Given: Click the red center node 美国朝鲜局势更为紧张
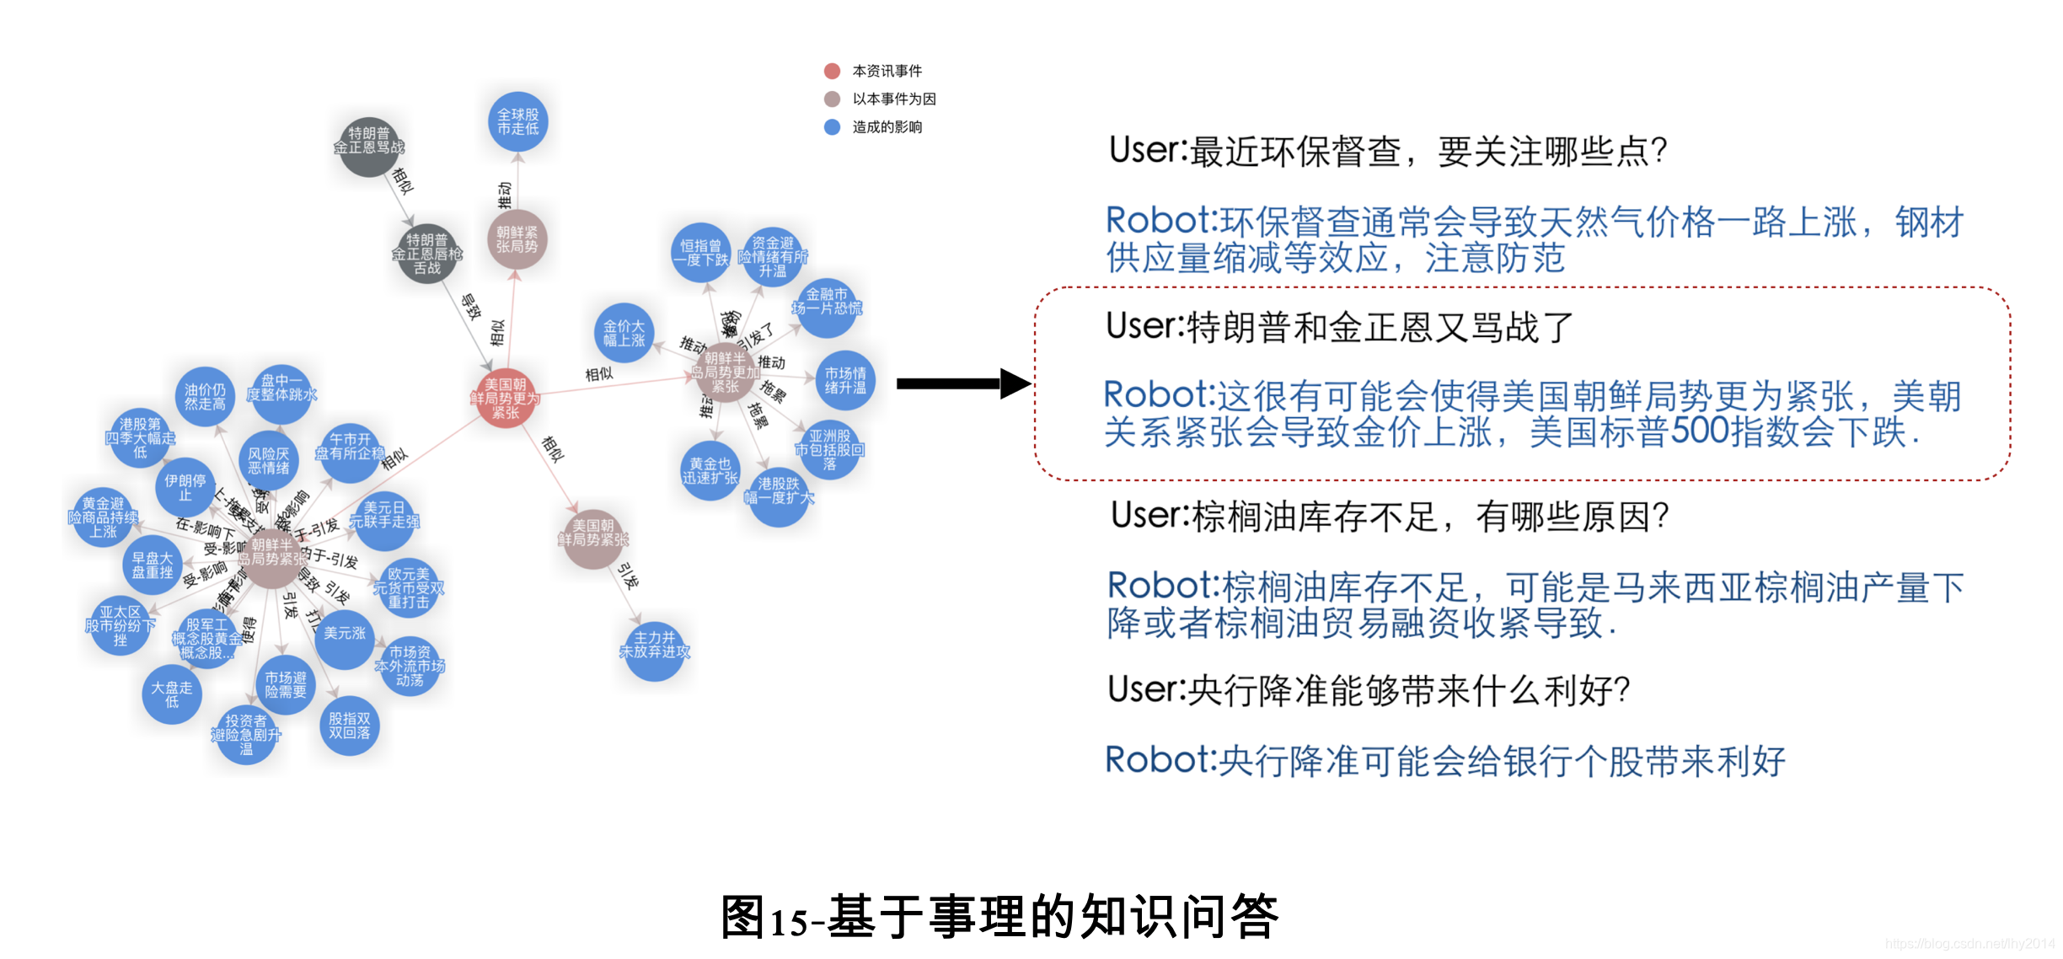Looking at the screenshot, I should (505, 398).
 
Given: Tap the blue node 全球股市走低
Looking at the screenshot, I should (517, 121).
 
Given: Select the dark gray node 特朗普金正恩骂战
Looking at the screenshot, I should (368, 145).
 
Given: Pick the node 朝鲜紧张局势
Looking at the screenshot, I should (517, 239).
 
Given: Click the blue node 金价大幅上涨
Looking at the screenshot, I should (624, 333).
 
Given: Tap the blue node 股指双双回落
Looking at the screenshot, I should (349, 726).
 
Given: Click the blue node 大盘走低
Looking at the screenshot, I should (171, 694).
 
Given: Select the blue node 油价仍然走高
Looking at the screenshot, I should (205, 396).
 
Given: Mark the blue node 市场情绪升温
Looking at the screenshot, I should (844, 380).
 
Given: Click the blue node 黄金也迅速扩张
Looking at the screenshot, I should (710, 470).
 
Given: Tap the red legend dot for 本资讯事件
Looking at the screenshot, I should (832, 71).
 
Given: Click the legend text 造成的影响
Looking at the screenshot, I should (887, 127).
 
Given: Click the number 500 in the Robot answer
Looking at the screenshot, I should (1701, 431).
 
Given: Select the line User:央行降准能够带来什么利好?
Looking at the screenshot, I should (1369, 690).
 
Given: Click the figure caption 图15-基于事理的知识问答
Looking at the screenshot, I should (999, 917).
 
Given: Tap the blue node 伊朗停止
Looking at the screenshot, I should (185, 487).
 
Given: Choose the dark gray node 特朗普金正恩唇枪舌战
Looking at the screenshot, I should (426, 254).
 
